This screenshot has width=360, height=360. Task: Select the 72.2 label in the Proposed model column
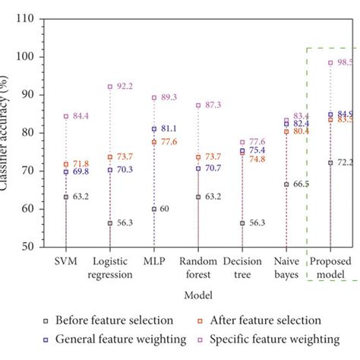click(x=346, y=163)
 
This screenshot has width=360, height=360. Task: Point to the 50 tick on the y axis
click(x=29, y=247)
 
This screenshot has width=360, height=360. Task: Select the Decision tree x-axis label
click(x=242, y=268)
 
